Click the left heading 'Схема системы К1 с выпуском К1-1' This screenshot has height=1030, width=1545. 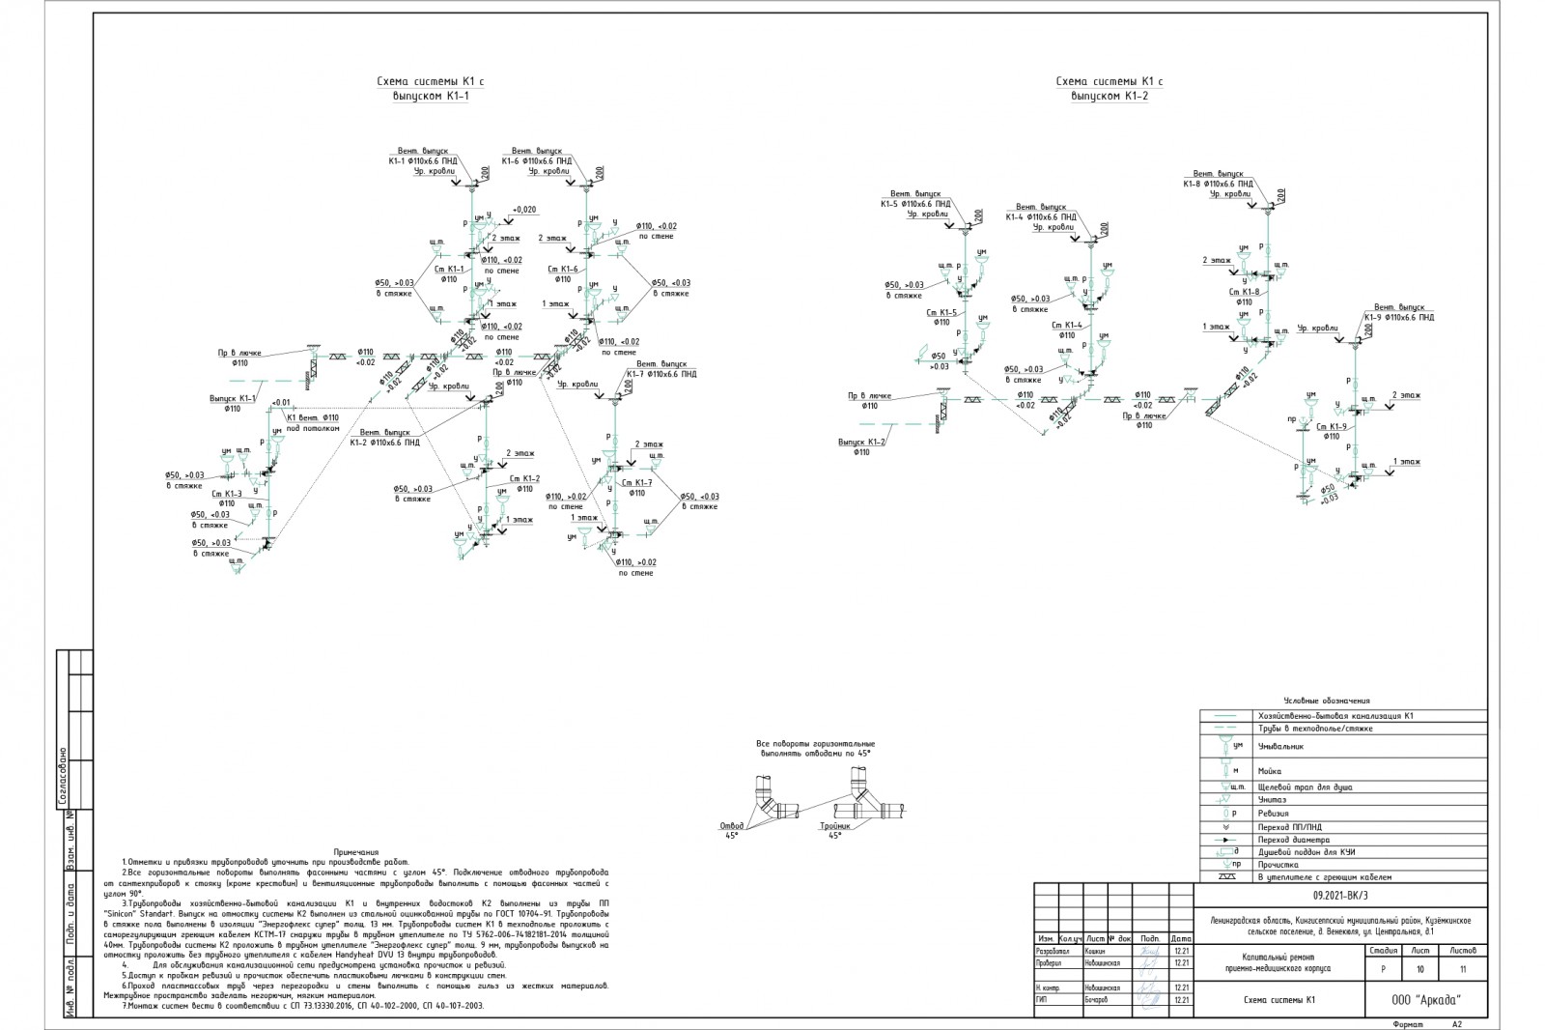click(x=430, y=90)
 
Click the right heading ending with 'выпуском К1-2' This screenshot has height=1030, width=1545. click(x=1109, y=89)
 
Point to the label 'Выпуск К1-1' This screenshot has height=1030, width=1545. click(x=233, y=398)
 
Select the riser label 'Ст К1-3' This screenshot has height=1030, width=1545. click(x=227, y=494)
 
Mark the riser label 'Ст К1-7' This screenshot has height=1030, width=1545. click(x=637, y=483)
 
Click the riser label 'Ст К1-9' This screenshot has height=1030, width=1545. click(x=1332, y=426)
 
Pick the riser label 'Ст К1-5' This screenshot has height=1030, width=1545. click(x=941, y=312)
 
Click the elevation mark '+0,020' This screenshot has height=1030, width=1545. click(x=524, y=210)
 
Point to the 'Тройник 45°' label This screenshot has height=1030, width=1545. click(x=835, y=830)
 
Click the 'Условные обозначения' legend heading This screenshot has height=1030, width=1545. click(x=1327, y=701)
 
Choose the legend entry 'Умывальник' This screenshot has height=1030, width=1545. click(x=1280, y=746)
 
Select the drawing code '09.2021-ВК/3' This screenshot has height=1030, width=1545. click(x=1342, y=896)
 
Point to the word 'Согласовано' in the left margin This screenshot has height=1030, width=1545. click(x=63, y=776)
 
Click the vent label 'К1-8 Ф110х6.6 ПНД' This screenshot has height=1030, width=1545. click(x=1219, y=183)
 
